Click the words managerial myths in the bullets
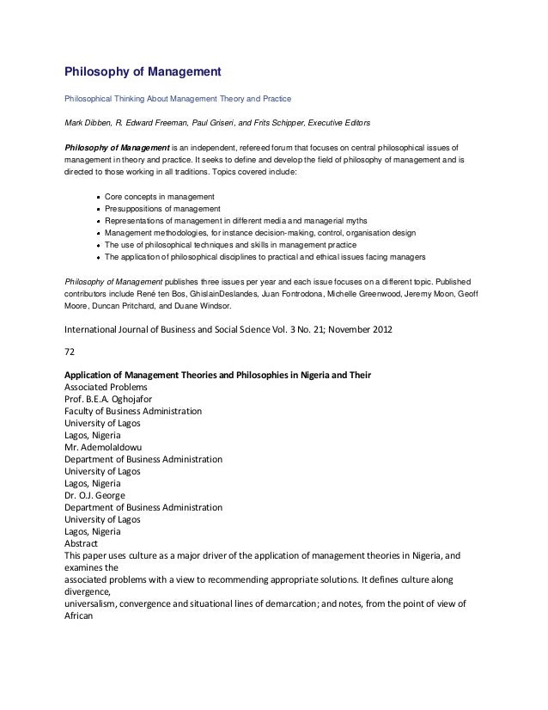[x=369, y=221]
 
